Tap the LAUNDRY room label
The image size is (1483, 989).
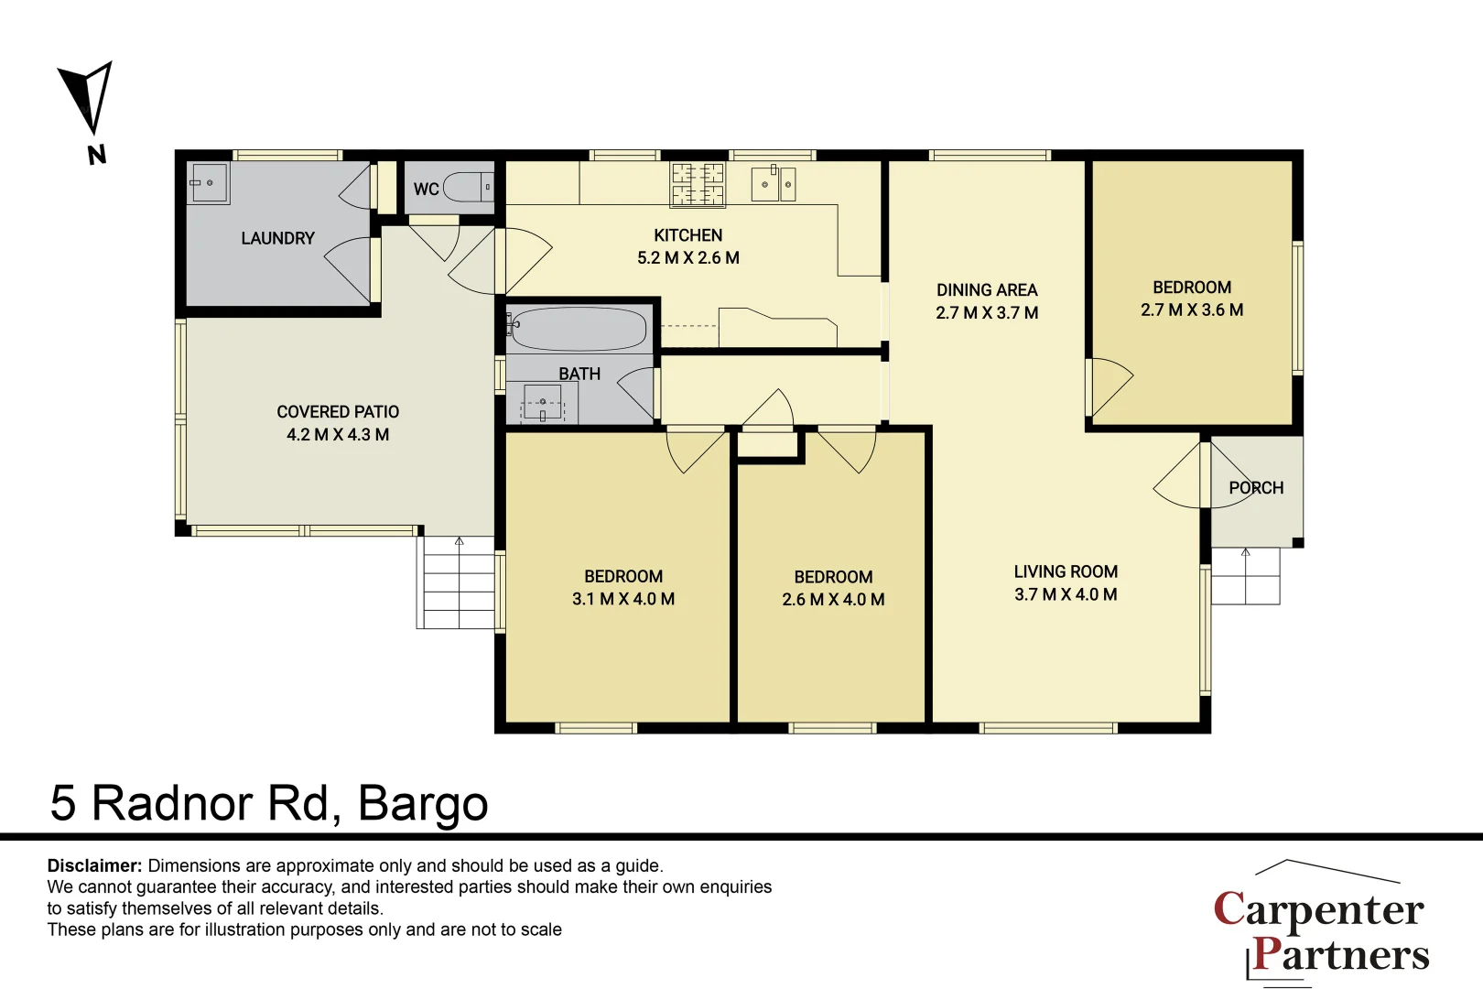[277, 238]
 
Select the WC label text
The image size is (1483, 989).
[426, 190]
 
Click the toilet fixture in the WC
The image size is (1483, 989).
[469, 187]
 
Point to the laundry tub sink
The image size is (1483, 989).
[209, 183]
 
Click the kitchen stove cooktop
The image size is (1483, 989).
[698, 184]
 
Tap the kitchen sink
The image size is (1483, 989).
[774, 184]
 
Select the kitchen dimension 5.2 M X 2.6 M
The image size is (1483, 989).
[688, 258]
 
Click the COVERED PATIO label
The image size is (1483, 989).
[338, 412]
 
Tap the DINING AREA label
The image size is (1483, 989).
[987, 290]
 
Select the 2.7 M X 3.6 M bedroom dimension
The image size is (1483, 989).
[1192, 310]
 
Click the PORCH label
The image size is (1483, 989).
[1256, 488]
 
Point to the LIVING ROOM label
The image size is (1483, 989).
[1066, 571]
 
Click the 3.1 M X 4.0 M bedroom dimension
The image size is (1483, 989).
[623, 599]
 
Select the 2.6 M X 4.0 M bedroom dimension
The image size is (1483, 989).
[833, 600]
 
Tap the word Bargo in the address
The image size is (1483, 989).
[423, 804]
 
